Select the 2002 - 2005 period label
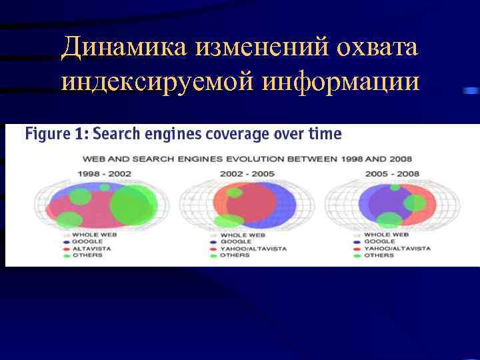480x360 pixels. point(248,174)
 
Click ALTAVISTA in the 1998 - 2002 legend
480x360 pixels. point(91,248)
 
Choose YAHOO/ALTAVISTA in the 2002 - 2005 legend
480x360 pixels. point(253,248)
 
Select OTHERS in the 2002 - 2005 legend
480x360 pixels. point(234,255)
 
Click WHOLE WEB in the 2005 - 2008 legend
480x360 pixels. point(386,235)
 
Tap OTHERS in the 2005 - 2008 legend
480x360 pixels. point(379,255)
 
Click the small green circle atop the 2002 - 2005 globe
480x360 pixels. point(234,192)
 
